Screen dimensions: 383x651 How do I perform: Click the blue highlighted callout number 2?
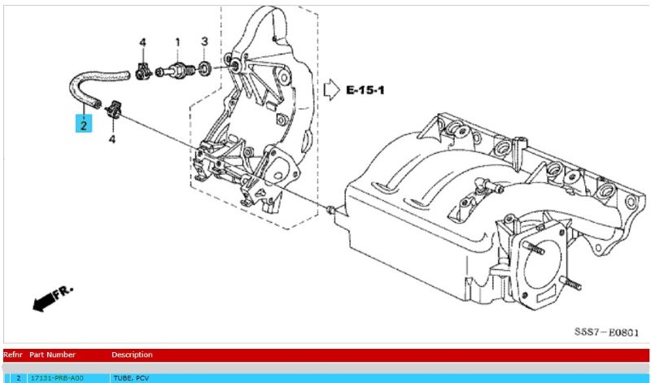click(85, 124)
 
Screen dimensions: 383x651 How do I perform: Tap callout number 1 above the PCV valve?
click(177, 41)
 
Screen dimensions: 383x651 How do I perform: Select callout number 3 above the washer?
click(204, 41)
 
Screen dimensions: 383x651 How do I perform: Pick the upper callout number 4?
click(142, 41)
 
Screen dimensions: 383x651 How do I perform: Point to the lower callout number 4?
click(112, 139)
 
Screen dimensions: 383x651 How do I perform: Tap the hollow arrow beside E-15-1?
click(331, 89)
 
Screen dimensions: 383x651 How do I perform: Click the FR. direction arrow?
click(50, 299)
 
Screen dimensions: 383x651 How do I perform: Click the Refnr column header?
click(15, 355)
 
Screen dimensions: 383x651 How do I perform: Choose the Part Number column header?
click(53, 355)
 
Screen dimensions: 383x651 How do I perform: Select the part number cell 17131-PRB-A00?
click(56, 378)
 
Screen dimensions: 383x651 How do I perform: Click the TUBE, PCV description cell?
click(133, 378)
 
